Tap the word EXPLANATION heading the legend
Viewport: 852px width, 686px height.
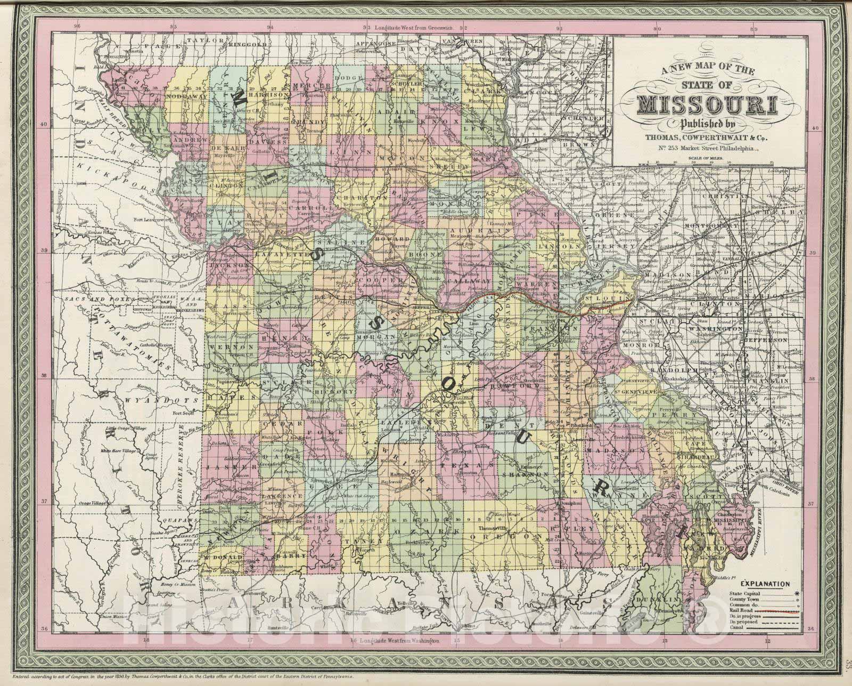pos(767,584)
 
